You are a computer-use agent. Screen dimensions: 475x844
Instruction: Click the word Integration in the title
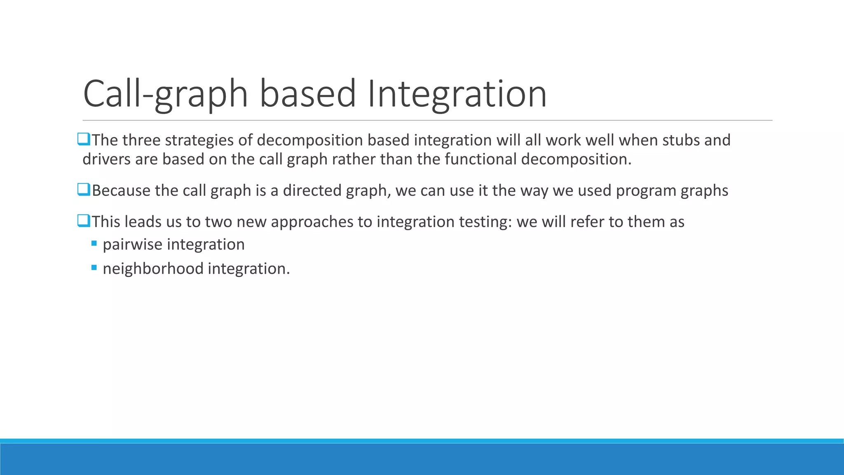coord(457,94)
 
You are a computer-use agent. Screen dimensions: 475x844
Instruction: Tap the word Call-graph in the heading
coord(165,94)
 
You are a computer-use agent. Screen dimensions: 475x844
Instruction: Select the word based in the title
coord(307,94)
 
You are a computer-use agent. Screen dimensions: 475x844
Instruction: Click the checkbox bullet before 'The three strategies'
coord(84,139)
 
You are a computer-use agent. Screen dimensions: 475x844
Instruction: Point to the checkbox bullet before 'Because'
coord(84,190)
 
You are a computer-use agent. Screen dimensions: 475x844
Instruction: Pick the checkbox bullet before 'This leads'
coord(84,221)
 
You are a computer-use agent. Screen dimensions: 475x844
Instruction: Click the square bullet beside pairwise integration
coord(94,244)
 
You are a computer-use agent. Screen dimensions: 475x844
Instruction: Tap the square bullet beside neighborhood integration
coord(94,268)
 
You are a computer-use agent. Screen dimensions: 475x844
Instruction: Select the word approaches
coord(312,222)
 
